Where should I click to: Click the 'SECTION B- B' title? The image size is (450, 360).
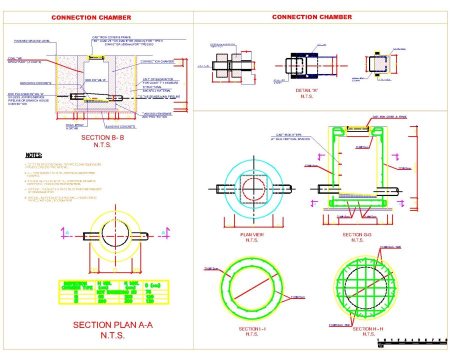(99, 136)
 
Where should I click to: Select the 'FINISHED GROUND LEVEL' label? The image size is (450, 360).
(33, 41)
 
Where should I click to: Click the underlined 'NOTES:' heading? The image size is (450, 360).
(33, 155)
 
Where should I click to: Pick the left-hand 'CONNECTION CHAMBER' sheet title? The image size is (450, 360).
(91, 17)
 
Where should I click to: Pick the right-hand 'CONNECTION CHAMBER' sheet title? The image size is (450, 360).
(312, 17)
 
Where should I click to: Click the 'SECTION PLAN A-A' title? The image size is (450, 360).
(113, 325)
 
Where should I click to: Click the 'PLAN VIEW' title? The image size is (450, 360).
(252, 234)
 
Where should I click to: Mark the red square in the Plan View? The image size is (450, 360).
(255, 189)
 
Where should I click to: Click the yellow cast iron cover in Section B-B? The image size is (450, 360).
(95, 57)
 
